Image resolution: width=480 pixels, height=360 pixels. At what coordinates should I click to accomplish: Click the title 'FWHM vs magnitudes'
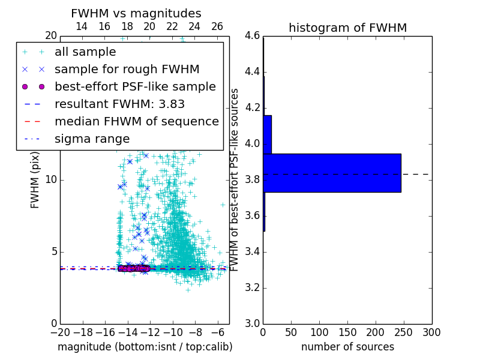click(136, 13)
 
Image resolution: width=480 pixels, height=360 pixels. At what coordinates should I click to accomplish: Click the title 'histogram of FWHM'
click(347, 28)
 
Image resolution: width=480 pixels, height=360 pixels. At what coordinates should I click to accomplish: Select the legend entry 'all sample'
click(85, 52)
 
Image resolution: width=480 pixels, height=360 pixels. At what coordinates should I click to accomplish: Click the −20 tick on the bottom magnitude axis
click(60, 332)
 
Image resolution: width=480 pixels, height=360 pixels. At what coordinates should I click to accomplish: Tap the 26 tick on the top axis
click(217, 26)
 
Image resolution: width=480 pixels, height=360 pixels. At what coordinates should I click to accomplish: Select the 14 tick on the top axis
click(82, 26)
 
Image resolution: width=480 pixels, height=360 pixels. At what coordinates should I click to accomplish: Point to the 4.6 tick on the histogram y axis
click(252, 36)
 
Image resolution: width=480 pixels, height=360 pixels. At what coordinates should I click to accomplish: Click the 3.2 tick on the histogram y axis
click(252, 287)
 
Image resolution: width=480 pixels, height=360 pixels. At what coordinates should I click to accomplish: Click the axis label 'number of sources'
click(347, 347)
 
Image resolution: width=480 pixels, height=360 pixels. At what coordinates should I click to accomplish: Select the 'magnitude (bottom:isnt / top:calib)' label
click(145, 347)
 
